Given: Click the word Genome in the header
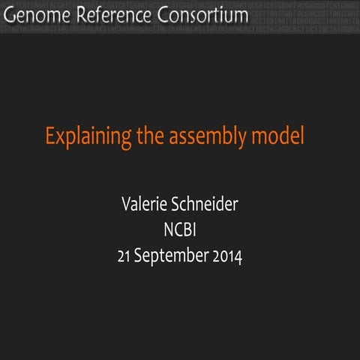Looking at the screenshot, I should tap(35, 15).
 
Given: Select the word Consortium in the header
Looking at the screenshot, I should tap(199, 15).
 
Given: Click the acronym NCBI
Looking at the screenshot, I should tap(180, 229).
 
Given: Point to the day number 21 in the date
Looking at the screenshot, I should tap(124, 256).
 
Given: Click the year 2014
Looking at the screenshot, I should tap(227, 256).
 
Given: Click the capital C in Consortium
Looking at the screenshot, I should tap(157, 15).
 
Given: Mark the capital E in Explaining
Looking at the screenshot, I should tap(50, 137).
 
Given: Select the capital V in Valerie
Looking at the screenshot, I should tap(124, 204).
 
